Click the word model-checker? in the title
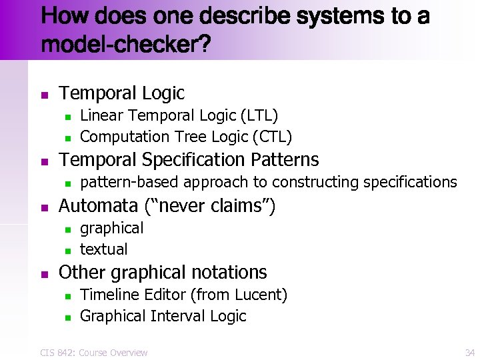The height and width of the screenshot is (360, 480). point(126,45)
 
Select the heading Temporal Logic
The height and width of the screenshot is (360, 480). point(122,93)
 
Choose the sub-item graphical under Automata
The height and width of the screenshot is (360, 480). point(111,229)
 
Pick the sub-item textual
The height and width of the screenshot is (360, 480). point(103,250)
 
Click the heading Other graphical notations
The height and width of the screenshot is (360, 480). point(163,273)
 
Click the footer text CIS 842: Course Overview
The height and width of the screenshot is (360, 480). point(93,353)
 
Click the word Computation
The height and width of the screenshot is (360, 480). point(125,137)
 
